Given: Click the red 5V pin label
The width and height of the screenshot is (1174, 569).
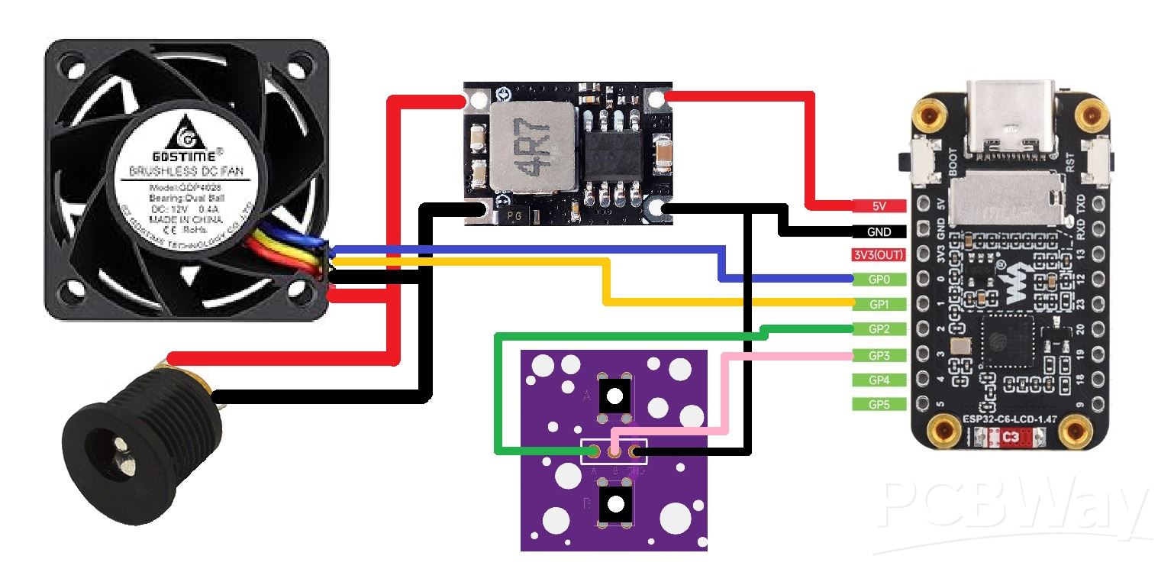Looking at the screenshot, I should pyautogui.click(x=879, y=205).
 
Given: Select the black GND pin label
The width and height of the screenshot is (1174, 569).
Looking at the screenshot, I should pyautogui.click(x=879, y=230).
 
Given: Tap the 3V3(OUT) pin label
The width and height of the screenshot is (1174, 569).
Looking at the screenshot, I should pyautogui.click(x=879, y=255).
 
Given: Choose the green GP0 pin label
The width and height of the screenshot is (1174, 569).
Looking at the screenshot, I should pyautogui.click(x=879, y=280).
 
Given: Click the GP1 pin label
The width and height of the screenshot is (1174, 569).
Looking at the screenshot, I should pyautogui.click(x=879, y=305).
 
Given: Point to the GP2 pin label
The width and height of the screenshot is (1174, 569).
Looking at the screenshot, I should pyautogui.click(x=879, y=330).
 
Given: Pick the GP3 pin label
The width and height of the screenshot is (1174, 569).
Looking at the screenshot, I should pyautogui.click(x=879, y=355).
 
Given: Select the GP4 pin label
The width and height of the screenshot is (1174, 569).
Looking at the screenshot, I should pyautogui.click(x=879, y=380).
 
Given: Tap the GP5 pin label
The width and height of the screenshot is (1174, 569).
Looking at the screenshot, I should pyautogui.click(x=879, y=405).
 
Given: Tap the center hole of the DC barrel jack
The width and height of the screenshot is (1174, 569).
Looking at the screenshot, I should pyautogui.click(x=120, y=448).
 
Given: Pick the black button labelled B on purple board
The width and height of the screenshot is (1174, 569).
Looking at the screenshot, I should pyautogui.click(x=614, y=504).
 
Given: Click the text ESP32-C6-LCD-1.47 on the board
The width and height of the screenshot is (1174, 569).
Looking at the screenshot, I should pyautogui.click(x=1009, y=419).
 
